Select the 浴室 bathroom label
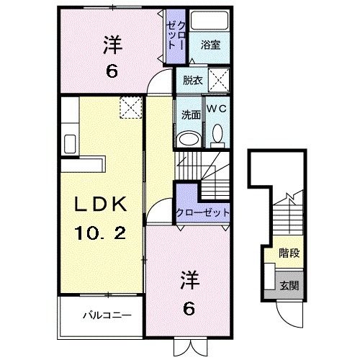[210, 45]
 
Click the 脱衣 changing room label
[192, 80]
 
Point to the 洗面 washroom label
[190, 113]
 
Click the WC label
[217, 107]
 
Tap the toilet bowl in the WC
[217, 134]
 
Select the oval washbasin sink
[189, 138]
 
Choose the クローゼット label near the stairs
[202, 213]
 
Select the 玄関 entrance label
[289, 286]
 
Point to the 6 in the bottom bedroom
[189, 308]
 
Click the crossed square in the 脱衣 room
[219, 78]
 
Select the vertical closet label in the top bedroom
[174, 35]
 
